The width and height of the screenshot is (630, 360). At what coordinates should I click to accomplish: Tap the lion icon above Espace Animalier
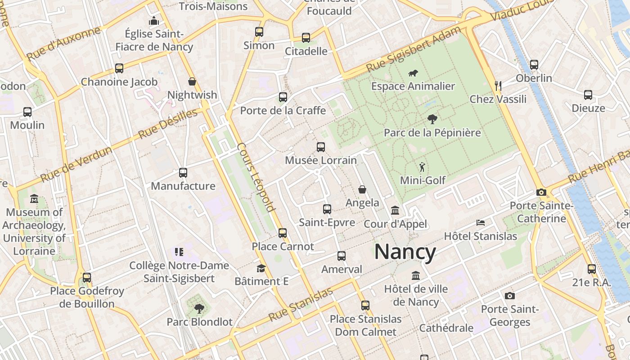click(x=413, y=73)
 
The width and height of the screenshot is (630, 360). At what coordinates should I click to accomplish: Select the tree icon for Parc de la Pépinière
click(x=432, y=119)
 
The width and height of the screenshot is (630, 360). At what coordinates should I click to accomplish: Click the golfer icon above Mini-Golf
click(x=422, y=167)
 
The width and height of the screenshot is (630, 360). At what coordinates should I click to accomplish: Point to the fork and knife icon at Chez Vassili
click(x=498, y=85)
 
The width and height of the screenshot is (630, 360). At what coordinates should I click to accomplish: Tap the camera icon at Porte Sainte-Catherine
click(x=541, y=193)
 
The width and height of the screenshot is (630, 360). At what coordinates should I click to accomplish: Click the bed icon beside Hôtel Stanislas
click(x=481, y=223)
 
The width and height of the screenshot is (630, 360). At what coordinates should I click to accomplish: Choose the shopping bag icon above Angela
click(x=362, y=189)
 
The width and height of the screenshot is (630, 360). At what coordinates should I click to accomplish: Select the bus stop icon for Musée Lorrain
click(x=321, y=147)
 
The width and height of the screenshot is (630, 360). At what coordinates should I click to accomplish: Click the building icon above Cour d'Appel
click(x=395, y=210)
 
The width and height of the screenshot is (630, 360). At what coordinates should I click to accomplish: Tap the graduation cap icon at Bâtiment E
click(x=261, y=269)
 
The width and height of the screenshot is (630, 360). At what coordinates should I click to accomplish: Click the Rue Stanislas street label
click(x=300, y=305)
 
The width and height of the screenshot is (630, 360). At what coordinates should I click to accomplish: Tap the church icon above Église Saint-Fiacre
click(x=154, y=21)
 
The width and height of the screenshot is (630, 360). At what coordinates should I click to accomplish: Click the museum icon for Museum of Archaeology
click(x=34, y=198)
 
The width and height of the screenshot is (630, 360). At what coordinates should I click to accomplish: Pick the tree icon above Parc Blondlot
click(x=199, y=309)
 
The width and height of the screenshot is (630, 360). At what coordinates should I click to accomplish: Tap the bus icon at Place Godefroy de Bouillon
click(x=87, y=277)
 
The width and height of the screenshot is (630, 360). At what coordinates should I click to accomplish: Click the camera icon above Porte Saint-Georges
click(x=509, y=296)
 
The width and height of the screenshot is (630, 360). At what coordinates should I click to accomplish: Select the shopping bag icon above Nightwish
click(x=192, y=81)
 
